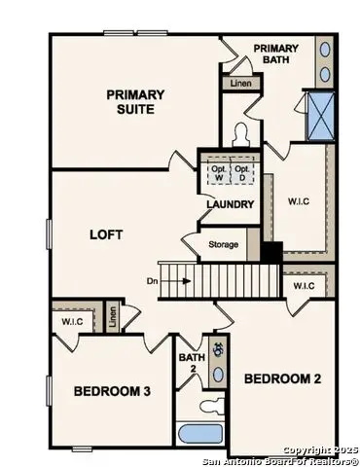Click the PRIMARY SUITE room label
[x=135, y=101]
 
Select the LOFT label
[x=105, y=233]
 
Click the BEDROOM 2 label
[x=281, y=377]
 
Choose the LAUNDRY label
[x=231, y=204]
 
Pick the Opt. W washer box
[x=218, y=169]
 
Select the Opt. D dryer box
[x=243, y=169]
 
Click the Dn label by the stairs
[x=153, y=281]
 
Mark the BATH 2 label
[x=191, y=363]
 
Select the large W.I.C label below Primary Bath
[x=299, y=202]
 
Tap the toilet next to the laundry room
[x=240, y=135]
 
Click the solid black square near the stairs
[x=272, y=250]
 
